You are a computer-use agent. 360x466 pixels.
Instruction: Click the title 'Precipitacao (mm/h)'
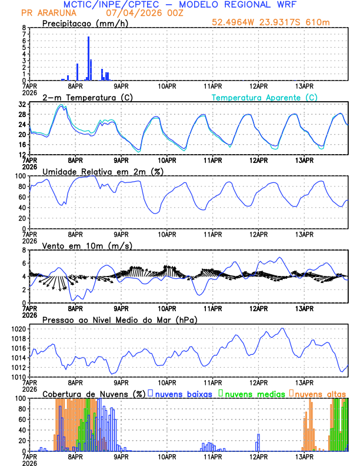click(x=85, y=24)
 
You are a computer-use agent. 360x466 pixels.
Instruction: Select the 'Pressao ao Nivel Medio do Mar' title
click(x=119, y=319)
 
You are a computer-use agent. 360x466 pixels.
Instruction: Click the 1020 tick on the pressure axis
click(x=19, y=329)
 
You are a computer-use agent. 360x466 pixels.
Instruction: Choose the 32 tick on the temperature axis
click(x=22, y=104)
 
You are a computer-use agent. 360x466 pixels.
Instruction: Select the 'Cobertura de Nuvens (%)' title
click(x=94, y=393)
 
